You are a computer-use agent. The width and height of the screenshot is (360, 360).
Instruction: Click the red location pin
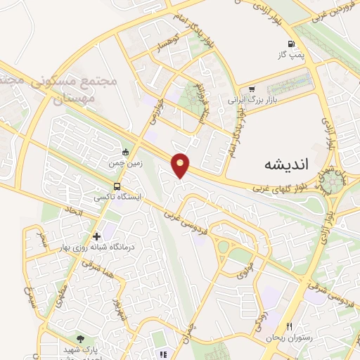(x=181, y=165)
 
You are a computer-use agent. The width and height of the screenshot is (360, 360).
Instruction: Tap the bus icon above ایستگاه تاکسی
(x=117, y=187)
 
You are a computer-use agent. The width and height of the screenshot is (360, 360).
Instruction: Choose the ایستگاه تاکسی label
(x=117, y=198)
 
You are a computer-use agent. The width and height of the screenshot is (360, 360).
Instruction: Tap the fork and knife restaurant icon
(x=289, y=327)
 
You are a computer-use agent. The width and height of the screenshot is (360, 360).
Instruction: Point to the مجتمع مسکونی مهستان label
(x=95, y=91)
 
